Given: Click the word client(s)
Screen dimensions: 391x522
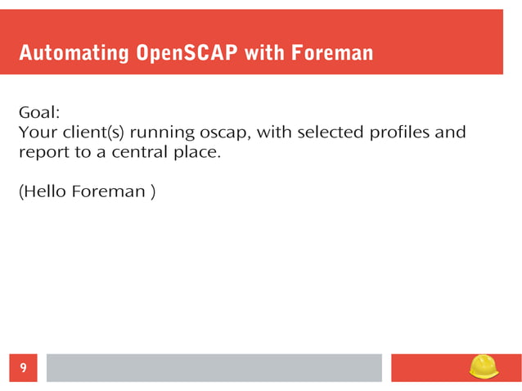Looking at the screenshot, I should (x=90, y=132).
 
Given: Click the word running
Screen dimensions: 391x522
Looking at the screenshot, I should (x=161, y=132).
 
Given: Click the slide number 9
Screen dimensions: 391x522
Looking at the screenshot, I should (x=23, y=368).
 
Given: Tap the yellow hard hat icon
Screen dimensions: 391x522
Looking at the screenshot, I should (x=484, y=366).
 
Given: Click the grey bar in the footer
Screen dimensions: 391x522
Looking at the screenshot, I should (x=214, y=368).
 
